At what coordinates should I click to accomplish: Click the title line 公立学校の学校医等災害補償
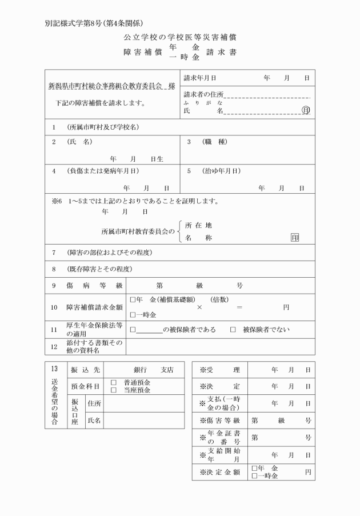(x=180, y=37)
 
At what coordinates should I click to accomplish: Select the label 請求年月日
(x=200, y=78)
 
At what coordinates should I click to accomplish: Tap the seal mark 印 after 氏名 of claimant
(x=306, y=110)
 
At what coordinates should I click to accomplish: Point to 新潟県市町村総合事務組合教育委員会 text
(x=105, y=86)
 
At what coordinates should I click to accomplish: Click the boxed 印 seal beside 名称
(x=295, y=237)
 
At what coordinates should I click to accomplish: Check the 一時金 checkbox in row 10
(x=133, y=314)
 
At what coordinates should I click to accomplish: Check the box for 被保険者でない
(x=233, y=329)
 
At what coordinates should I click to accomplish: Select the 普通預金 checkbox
(x=113, y=382)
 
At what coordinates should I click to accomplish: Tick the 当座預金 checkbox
(x=113, y=390)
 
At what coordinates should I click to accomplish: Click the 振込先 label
(x=85, y=369)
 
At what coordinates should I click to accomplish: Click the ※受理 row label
(x=220, y=369)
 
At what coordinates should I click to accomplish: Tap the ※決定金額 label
(x=220, y=472)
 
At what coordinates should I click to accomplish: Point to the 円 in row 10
(x=286, y=307)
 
